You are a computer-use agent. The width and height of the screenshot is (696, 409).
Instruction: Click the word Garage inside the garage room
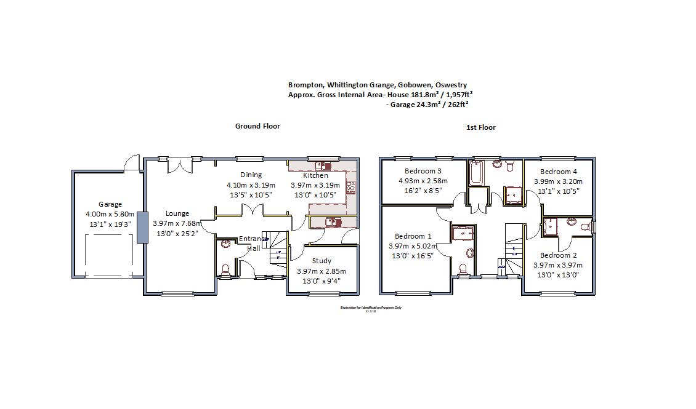(110, 204)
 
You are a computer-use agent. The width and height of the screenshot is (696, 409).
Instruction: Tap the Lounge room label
(177, 213)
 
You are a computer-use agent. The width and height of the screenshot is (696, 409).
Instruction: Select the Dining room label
(251, 175)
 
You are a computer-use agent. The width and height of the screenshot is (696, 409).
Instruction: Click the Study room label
(321, 261)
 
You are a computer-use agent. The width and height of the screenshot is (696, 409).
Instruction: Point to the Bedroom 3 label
(423, 171)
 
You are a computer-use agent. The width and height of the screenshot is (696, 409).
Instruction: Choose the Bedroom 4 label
(558, 172)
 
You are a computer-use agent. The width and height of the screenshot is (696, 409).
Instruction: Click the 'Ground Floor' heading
(257, 126)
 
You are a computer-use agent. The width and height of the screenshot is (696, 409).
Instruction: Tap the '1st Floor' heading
(480, 127)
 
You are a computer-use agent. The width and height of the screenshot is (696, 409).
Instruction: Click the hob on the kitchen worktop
(351, 188)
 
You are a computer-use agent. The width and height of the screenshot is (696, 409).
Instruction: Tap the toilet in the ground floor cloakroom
(226, 269)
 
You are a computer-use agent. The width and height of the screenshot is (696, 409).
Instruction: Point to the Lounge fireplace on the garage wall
(141, 228)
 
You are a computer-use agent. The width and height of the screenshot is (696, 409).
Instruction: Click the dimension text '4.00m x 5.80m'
(110, 214)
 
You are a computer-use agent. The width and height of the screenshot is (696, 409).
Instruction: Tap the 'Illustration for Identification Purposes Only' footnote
(370, 308)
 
